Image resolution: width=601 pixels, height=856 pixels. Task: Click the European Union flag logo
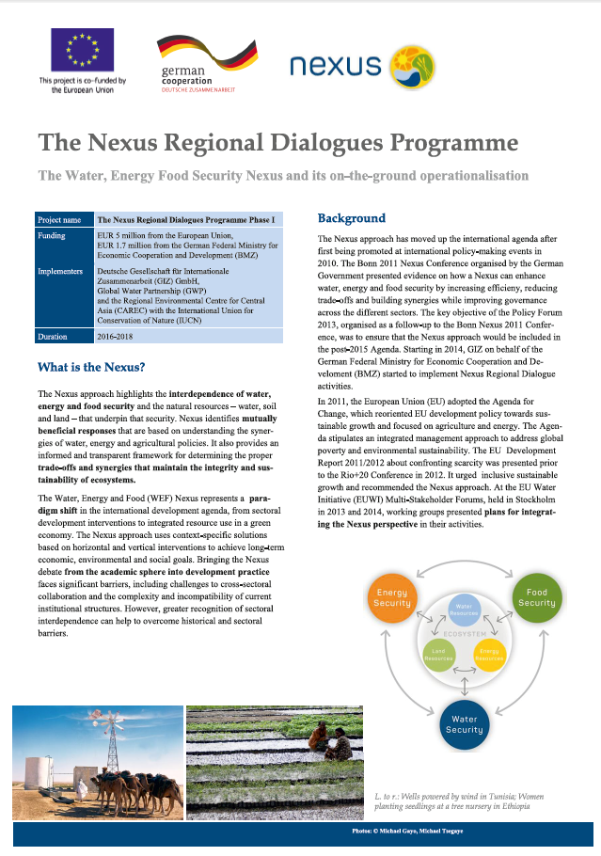pyautogui.click(x=82, y=51)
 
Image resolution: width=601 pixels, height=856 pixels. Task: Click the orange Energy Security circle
pyautogui.click(x=392, y=598)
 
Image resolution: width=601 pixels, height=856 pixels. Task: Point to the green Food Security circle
pyautogui.click(x=536, y=598)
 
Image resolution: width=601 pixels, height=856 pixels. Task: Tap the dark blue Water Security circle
pyautogui.click(x=464, y=723)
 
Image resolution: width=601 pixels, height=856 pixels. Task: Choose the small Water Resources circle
pyautogui.click(x=465, y=610)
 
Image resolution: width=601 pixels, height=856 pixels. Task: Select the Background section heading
pyautogui.click(x=351, y=218)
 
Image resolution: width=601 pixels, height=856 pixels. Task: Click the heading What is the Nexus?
pyautogui.click(x=90, y=367)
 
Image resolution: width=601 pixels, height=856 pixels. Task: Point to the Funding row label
pyautogui.click(x=52, y=236)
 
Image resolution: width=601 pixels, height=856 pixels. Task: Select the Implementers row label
pyautogui.click(x=61, y=272)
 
